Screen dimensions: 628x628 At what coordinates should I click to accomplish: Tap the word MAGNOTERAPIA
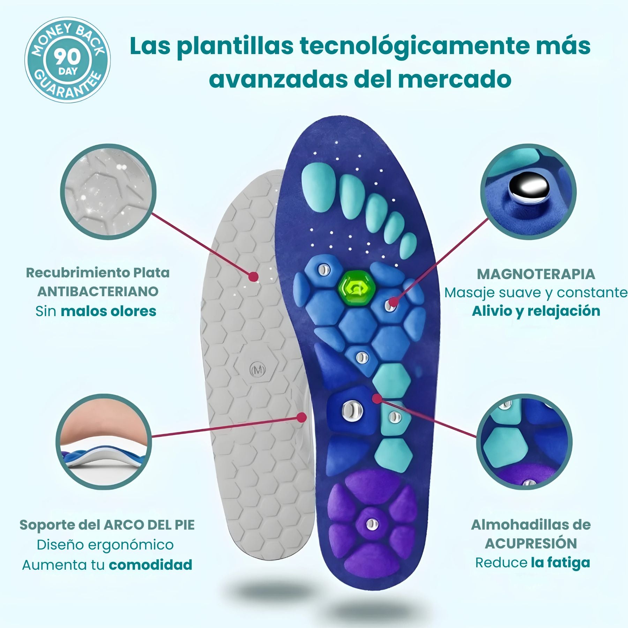point(536,274)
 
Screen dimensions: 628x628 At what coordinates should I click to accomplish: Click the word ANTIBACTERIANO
point(98,291)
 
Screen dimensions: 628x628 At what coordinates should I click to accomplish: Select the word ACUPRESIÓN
point(531,543)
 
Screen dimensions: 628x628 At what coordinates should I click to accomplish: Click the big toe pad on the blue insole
point(318,187)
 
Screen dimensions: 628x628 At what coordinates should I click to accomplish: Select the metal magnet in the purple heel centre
point(372,523)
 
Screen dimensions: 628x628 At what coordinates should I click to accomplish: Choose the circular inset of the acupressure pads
point(524,442)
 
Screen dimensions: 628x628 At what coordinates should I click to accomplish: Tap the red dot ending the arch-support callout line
point(301,417)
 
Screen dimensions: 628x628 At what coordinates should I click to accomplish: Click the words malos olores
point(109,311)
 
